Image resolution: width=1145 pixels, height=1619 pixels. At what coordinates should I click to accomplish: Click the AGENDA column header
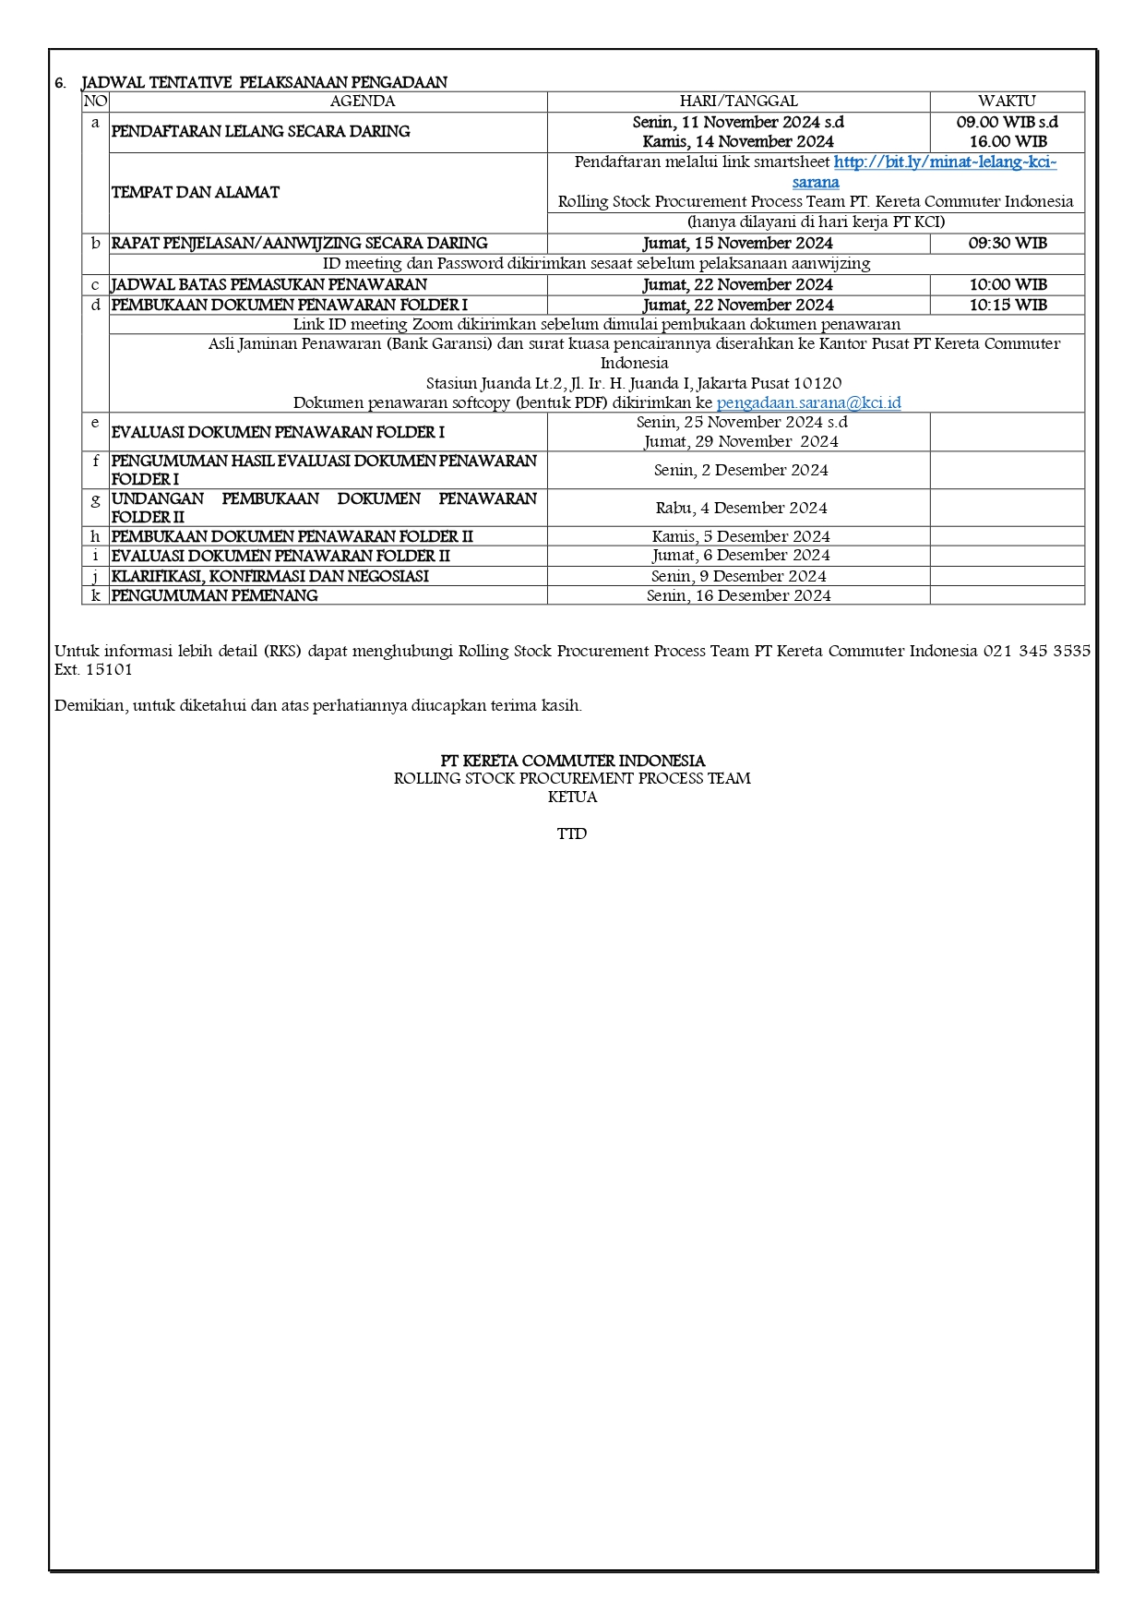(x=362, y=102)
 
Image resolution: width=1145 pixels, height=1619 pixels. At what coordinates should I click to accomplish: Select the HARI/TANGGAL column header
(x=738, y=102)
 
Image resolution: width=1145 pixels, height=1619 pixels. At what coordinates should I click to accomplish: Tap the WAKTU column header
(x=1007, y=102)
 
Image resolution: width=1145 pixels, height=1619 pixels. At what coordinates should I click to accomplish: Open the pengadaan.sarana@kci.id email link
(x=808, y=402)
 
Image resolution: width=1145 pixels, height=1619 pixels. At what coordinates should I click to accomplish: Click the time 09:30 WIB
(x=1008, y=244)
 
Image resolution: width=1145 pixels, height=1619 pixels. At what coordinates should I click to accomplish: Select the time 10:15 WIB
(x=1008, y=305)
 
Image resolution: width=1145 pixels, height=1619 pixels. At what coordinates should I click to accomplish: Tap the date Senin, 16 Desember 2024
(x=738, y=595)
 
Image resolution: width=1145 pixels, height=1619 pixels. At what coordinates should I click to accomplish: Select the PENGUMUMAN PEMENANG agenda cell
(x=215, y=595)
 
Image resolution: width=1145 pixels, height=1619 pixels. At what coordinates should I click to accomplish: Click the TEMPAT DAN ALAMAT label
(x=196, y=192)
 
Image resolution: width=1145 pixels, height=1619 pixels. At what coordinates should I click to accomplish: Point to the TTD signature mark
(x=572, y=833)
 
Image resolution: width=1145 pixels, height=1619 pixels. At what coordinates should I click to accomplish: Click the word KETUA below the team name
(x=572, y=797)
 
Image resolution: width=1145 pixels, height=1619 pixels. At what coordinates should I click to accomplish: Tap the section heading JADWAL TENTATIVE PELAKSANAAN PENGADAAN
(x=264, y=82)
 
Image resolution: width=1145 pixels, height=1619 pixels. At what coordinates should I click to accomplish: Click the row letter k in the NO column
(x=95, y=595)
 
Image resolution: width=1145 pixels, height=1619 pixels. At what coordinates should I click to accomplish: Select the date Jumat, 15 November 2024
(x=738, y=244)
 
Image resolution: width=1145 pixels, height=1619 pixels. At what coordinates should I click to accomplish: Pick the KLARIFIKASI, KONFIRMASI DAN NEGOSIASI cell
(x=270, y=576)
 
